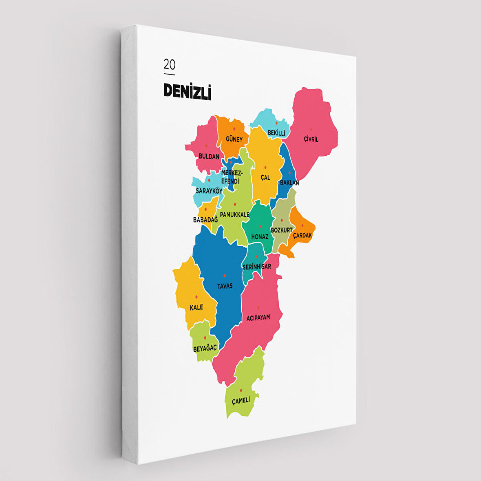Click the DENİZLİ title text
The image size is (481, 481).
pyautogui.click(x=188, y=92)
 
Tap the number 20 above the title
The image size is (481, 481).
pyautogui.click(x=170, y=64)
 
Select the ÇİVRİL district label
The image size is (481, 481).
pyautogui.click(x=311, y=139)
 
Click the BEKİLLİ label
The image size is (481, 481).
pyautogui.click(x=276, y=133)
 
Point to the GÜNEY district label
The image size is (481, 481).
pyautogui.click(x=234, y=139)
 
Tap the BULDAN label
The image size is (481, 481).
pyautogui.click(x=209, y=156)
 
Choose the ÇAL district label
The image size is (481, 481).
pyautogui.click(x=265, y=178)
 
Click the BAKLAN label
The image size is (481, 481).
pyautogui.click(x=289, y=183)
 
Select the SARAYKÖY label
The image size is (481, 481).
pyautogui.click(x=209, y=191)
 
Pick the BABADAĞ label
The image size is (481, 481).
pyautogui.click(x=205, y=220)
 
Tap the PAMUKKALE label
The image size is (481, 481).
pyautogui.click(x=235, y=214)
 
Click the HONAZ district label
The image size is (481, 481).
pyautogui.click(x=260, y=236)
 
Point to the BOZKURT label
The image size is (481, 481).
pyautogui.click(x=282, y=230)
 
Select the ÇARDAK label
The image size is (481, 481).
pyautogui.click(x=302, y=235)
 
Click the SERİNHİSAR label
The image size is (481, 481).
pyautogui.click(x=257, y=267)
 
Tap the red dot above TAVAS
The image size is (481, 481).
pyautogui.click(x=225, y=276)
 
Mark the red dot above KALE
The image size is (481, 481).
pyautogui.click(x=196, y=297)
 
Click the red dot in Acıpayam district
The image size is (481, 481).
pyautogui.click(x=258, y=307)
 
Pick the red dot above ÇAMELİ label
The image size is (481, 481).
pyautogui.click(x=241, y=390)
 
